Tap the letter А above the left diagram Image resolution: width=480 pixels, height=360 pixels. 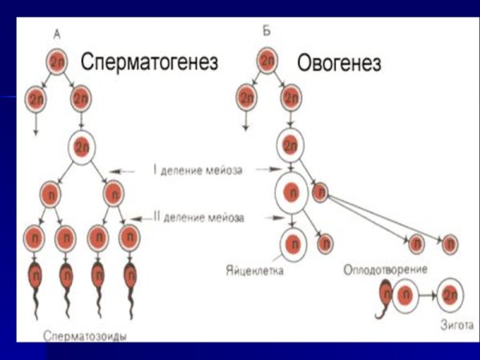coord(57,33)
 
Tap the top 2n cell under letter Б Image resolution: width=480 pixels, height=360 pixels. coord(267,60)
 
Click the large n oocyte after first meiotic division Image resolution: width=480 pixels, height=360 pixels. coord(292,194)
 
